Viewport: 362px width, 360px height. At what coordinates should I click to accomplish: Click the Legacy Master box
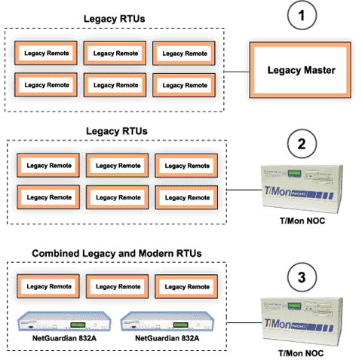(301, 71)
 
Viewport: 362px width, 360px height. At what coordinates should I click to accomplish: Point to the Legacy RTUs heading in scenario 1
(115, 17)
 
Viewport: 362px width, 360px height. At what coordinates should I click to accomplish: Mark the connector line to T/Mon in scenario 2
(243, 191)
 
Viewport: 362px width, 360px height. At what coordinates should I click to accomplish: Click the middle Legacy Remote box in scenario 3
(115, 286)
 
